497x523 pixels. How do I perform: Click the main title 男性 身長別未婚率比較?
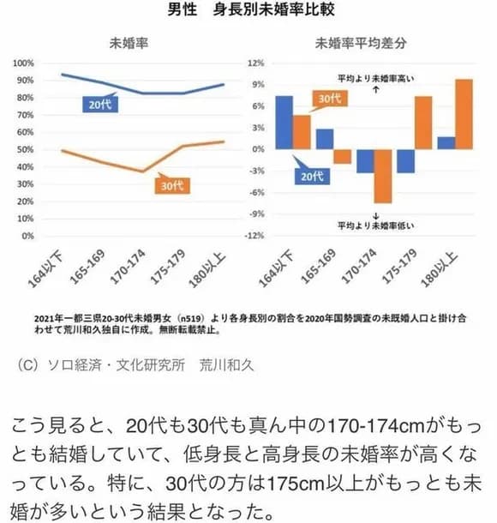[248, 13]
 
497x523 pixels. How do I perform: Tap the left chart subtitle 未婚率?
[126, 43]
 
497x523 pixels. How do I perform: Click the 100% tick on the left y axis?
[23, 63]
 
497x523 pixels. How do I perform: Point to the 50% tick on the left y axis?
[23, 149]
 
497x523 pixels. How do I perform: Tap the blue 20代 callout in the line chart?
[93, 106]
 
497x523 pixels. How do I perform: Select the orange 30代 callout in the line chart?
[173, 185]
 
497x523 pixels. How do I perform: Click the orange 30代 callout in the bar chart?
[322, 99]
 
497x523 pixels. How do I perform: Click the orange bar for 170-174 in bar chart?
[382, 176]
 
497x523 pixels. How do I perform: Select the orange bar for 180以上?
[464, 114]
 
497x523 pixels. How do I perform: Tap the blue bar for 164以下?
[284, 122]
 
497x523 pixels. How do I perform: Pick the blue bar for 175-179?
[405, 161]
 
